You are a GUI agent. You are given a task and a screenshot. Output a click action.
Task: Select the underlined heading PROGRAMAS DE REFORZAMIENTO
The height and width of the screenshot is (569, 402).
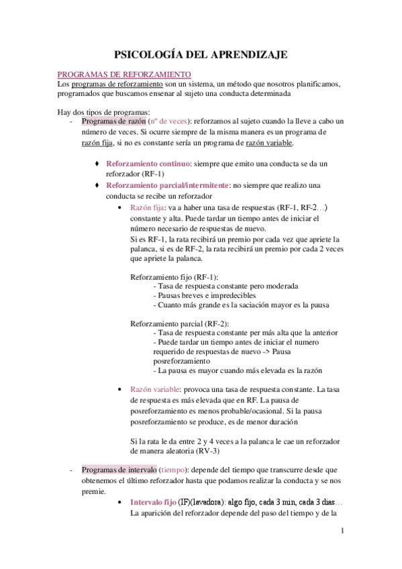tap(123, 74)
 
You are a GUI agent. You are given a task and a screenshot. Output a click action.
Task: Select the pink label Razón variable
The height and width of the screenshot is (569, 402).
tap(151, 389)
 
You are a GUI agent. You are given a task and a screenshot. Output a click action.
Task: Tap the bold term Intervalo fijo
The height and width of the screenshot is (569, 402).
tap(153, 502)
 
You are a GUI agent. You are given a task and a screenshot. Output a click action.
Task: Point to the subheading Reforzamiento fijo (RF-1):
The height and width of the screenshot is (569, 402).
tap(173, 276)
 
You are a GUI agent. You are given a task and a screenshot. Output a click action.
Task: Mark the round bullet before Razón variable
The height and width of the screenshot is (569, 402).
tap(119, 390)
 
